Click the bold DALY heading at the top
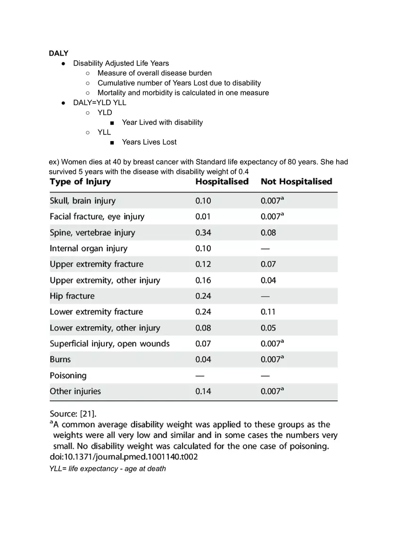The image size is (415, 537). point(58,53)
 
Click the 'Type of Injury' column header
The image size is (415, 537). point(80,182)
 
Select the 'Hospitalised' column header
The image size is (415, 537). point(222,182)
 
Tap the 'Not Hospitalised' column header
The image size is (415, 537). point(296,182)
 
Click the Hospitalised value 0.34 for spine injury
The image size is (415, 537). point(203,232)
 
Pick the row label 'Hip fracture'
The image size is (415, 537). point(72,296)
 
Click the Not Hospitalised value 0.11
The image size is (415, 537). point(268,312)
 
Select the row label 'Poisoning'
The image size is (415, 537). point(68,375)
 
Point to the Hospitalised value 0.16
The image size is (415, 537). point(203,280)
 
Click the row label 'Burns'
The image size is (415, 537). point(60,359)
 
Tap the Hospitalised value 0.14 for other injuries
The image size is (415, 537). point(203,391)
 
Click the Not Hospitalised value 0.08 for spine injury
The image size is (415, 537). point(268,232)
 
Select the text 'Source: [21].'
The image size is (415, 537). point(73,414)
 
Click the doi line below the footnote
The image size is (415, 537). point(124,456)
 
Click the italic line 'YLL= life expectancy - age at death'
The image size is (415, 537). point(108,469)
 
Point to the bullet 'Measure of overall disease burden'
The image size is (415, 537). point(154,73)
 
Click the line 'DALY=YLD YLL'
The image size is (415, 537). point(100,102)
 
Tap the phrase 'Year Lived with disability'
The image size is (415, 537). point(162,122)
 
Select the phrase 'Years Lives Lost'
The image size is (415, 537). point(149,142)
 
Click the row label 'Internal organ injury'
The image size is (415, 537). point(89,248)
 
